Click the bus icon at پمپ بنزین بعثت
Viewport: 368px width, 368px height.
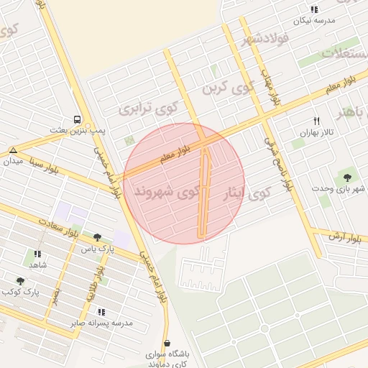pyautogui.click(x=77, y=120)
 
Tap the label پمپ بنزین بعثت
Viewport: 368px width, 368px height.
pyautogui.click(x=78, y=130)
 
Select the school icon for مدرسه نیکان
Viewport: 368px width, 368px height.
pyautogui.click(x=314, y=9)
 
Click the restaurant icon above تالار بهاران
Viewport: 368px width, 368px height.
pyautogui.click(x=316, y=121)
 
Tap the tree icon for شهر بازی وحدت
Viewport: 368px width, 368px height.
pyautogui.click(x=349, y=175)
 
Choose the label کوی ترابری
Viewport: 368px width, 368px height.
pyautogui.click(x=149, y=109)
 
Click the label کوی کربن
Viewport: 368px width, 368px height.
pyautogui.click(x=229, y=88)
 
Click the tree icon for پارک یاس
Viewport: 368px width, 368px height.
pyautogui.click(x=97, y=237)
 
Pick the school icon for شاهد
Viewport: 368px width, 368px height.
pyautogui.click(x=37, y=254)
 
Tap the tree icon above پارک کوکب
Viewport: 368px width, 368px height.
pyautogui.click(x=20, y=281)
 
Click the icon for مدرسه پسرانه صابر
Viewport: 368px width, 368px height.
pyautogui.click(x=101, y=312)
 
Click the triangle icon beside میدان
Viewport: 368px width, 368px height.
pyautogui.click(x=13, y=149)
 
